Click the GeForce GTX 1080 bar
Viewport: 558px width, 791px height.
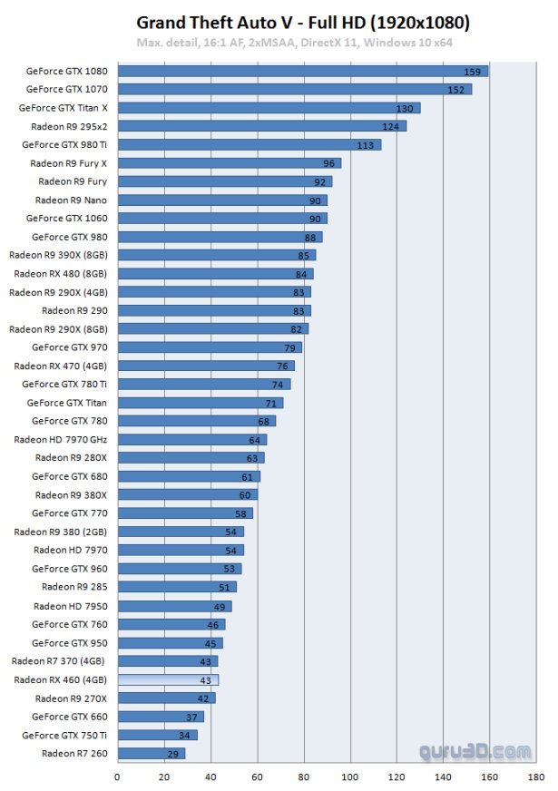click(x=302, y=71)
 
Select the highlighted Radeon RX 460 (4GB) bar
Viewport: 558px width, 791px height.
click(x=168, y=679)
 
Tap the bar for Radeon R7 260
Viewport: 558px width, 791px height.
click(x=151, y=753)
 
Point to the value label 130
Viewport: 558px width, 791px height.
click(x=404, y=108)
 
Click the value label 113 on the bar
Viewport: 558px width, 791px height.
click(x=366, y=144)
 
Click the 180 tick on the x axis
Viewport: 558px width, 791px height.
click(x=535, y=776)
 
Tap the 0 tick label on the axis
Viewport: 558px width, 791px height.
click(x=117, y=776)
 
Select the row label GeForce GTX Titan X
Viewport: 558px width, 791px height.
click(x=63, y=107)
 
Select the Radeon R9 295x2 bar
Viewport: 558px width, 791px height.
click(x=261, y=126)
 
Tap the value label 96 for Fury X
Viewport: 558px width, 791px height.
click(x=329, y=163)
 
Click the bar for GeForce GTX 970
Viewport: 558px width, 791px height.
click(x=210, y=347)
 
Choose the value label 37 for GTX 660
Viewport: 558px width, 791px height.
click(x=192, y=717)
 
